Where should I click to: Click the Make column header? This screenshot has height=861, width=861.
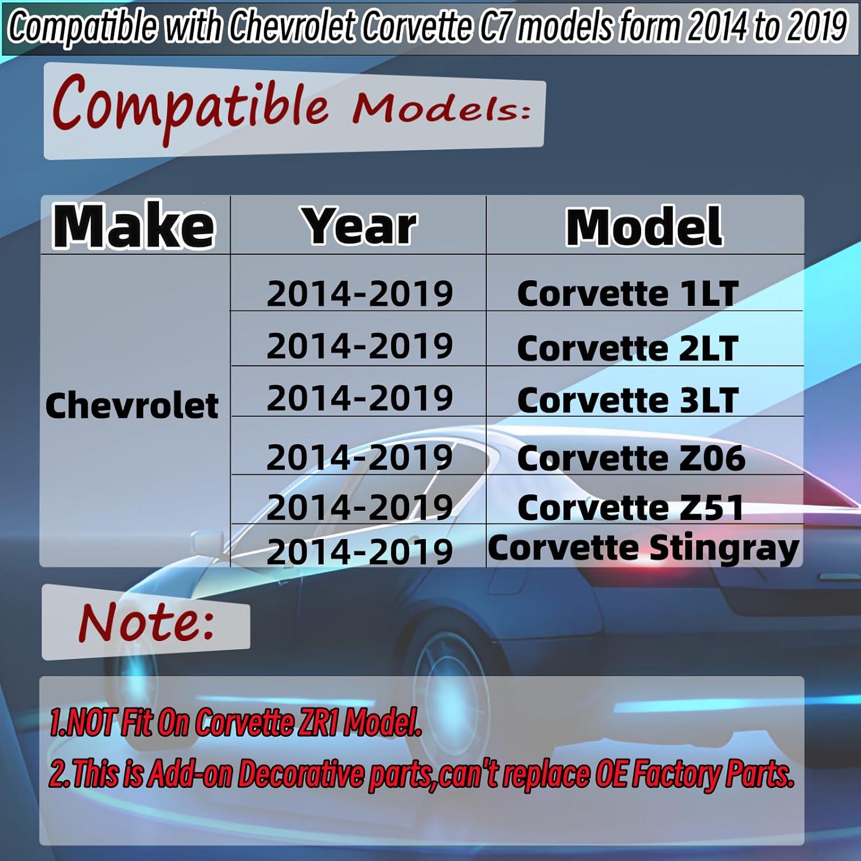[134, 226]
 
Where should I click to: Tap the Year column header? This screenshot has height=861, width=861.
[360, 226]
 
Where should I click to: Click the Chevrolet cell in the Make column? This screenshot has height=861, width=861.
[132, 406]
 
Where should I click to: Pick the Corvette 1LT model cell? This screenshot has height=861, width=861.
[627, 294]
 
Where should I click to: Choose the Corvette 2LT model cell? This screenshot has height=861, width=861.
[627, 348]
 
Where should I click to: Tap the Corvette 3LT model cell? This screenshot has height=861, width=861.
[627, 400]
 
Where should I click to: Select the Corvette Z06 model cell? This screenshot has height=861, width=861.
[631, 458]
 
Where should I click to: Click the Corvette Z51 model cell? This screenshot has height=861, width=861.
[630, 508]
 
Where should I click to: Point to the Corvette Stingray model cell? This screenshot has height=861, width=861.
[643, 548]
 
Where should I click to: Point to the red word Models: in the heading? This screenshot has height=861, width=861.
[441, 108]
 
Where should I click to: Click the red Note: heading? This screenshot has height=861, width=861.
[147, 622]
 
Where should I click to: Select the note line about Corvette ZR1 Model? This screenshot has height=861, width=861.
[235, 722]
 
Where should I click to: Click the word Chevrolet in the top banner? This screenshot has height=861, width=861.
[293, 27]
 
